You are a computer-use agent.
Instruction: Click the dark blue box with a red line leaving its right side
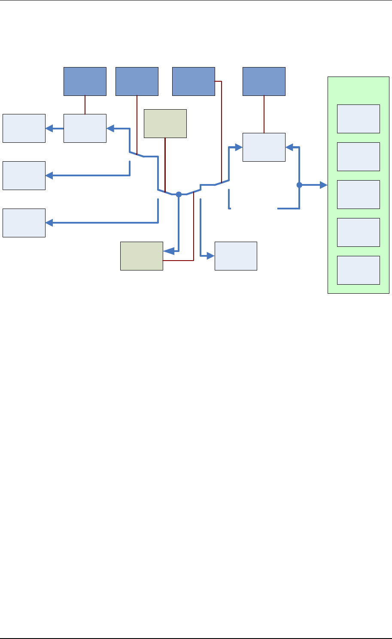pyautogui.click(x=193, y=81)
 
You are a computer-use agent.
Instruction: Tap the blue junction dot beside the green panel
pyautogui.click(x=299, y=185)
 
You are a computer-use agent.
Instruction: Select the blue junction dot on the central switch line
pyautogui.click(x=179, y=194)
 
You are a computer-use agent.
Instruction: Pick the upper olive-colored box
pyautogui.click(x=165, y=123)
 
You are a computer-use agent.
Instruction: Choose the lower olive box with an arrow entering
pyautogui.click(x=141, y=256)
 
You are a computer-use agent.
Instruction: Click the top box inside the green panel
pyautogui.click(x=358, y=119)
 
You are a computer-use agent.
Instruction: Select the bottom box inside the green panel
pyautogui.click(x=358, y=270)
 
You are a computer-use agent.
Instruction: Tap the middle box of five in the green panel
pyautogui.click(x=358, y=194)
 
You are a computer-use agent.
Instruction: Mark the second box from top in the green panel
pyautogui.click(x=358, y=157)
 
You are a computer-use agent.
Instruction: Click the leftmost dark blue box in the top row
pyautogui.click(x=85, y=81)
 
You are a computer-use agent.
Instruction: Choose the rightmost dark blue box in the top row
pyautogui.click(x=264, y=81)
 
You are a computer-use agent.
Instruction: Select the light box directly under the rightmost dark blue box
pyautogui.click(x=264, y=147)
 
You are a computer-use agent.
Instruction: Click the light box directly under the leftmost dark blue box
pyautogui.click(x=85, y=128)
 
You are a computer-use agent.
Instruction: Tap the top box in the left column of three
pyautogui.click(x=24, y=128)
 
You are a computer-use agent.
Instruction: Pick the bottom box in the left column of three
pyautogui.click(x=24, y=223)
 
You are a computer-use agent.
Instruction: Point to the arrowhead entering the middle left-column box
pyautogui.click(x=49, y=175)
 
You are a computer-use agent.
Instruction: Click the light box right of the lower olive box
pyautogui.click(x=236, y=256)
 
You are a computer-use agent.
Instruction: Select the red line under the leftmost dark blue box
pyautogui.click(x=85, y=105)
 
